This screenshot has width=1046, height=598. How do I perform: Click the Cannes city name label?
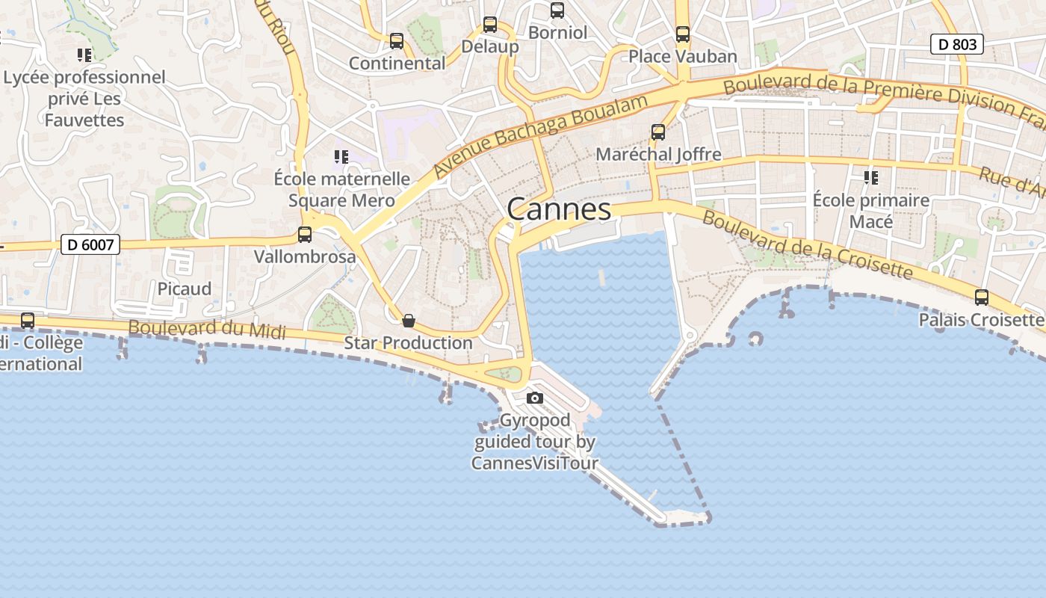pos(559,209)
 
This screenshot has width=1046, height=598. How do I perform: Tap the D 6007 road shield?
pos(90,244)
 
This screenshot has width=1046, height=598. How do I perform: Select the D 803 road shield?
pos(956,44)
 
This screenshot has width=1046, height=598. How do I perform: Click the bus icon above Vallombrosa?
pos(305,235)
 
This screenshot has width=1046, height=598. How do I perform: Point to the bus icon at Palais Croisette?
pos(982,298)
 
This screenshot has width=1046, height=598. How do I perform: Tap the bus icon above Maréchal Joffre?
pos(658,132)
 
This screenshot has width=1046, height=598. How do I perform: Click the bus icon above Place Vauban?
pos(683,34)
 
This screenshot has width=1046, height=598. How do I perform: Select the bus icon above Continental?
pos(397,41)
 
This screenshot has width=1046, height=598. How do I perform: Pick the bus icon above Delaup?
pos(490,25)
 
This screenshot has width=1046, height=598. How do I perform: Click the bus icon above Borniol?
pos(557,10)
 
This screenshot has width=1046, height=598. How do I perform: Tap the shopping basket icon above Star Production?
pos(409,321)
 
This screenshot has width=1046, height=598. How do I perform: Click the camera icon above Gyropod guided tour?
pos(535,398)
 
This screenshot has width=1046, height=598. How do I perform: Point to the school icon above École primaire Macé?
pos(870,178)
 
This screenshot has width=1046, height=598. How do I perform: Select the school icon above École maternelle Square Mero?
pos(341,157)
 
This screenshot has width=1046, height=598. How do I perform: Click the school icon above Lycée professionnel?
pos(84,55)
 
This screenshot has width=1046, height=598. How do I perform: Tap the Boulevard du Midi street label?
pos(207,328)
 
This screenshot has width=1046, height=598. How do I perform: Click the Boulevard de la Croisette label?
pos(807,244)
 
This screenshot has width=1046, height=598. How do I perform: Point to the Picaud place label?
pos(184,289)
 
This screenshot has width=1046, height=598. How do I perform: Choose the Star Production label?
pos(408,343)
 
